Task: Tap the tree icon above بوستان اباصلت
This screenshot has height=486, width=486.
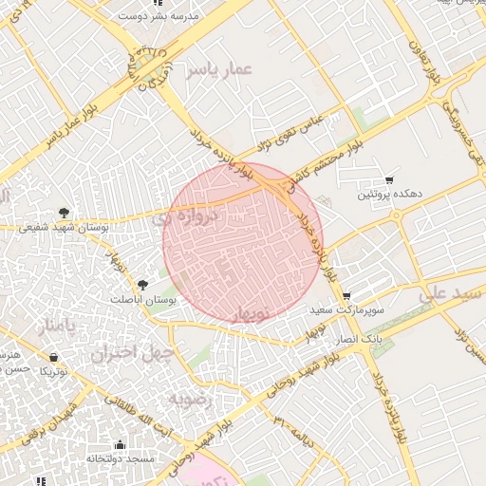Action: (x=143, y=284)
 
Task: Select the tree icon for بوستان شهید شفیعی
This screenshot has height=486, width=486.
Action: (x=64, y=212)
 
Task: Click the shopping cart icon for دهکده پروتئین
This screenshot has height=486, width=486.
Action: (x=389, y=180)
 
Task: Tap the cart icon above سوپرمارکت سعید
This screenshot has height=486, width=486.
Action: (x=346, y=296)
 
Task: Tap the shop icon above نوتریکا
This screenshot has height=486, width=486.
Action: (x=53, y=358)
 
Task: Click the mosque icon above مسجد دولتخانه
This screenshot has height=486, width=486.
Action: (x=120, y=444)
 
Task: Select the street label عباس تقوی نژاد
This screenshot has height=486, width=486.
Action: (x=290, y=134)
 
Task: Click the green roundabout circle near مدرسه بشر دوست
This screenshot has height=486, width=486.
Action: (x=148, y=65)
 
